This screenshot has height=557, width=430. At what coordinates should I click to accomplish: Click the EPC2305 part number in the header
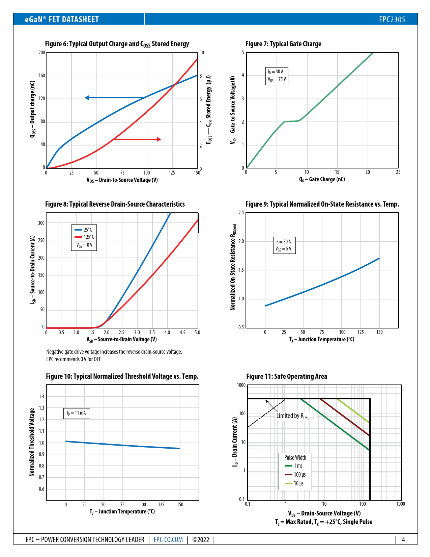pos(392,19)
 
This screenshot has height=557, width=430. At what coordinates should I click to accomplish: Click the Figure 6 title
pos(117,44)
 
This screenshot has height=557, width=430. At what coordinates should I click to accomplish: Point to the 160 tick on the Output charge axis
pos(41,76)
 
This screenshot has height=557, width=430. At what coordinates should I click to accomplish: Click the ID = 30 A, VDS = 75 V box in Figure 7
pos(277,76)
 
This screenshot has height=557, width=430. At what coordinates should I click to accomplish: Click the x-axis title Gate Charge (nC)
pos(322,179)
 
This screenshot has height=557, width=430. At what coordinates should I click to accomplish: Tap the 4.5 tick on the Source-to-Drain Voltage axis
pos(182,333)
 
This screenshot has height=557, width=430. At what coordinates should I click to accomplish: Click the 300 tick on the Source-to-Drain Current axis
pos(41,223)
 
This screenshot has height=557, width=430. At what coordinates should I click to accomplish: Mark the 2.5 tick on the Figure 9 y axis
pos(241,213)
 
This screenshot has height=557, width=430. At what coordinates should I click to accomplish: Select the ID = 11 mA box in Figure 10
pos(76,413)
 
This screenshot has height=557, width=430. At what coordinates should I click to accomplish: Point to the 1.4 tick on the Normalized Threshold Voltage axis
pos(41,397)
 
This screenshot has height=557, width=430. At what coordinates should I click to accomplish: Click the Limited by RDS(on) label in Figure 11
pos(295,416)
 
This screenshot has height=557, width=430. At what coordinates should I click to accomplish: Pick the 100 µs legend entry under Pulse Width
pos(295,475)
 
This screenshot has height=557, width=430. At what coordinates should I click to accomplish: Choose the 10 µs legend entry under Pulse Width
pos(294,483)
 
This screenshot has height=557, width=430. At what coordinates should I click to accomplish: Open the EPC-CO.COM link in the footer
pos(168,539)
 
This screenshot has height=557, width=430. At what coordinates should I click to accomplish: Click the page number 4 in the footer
pos(403,539)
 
